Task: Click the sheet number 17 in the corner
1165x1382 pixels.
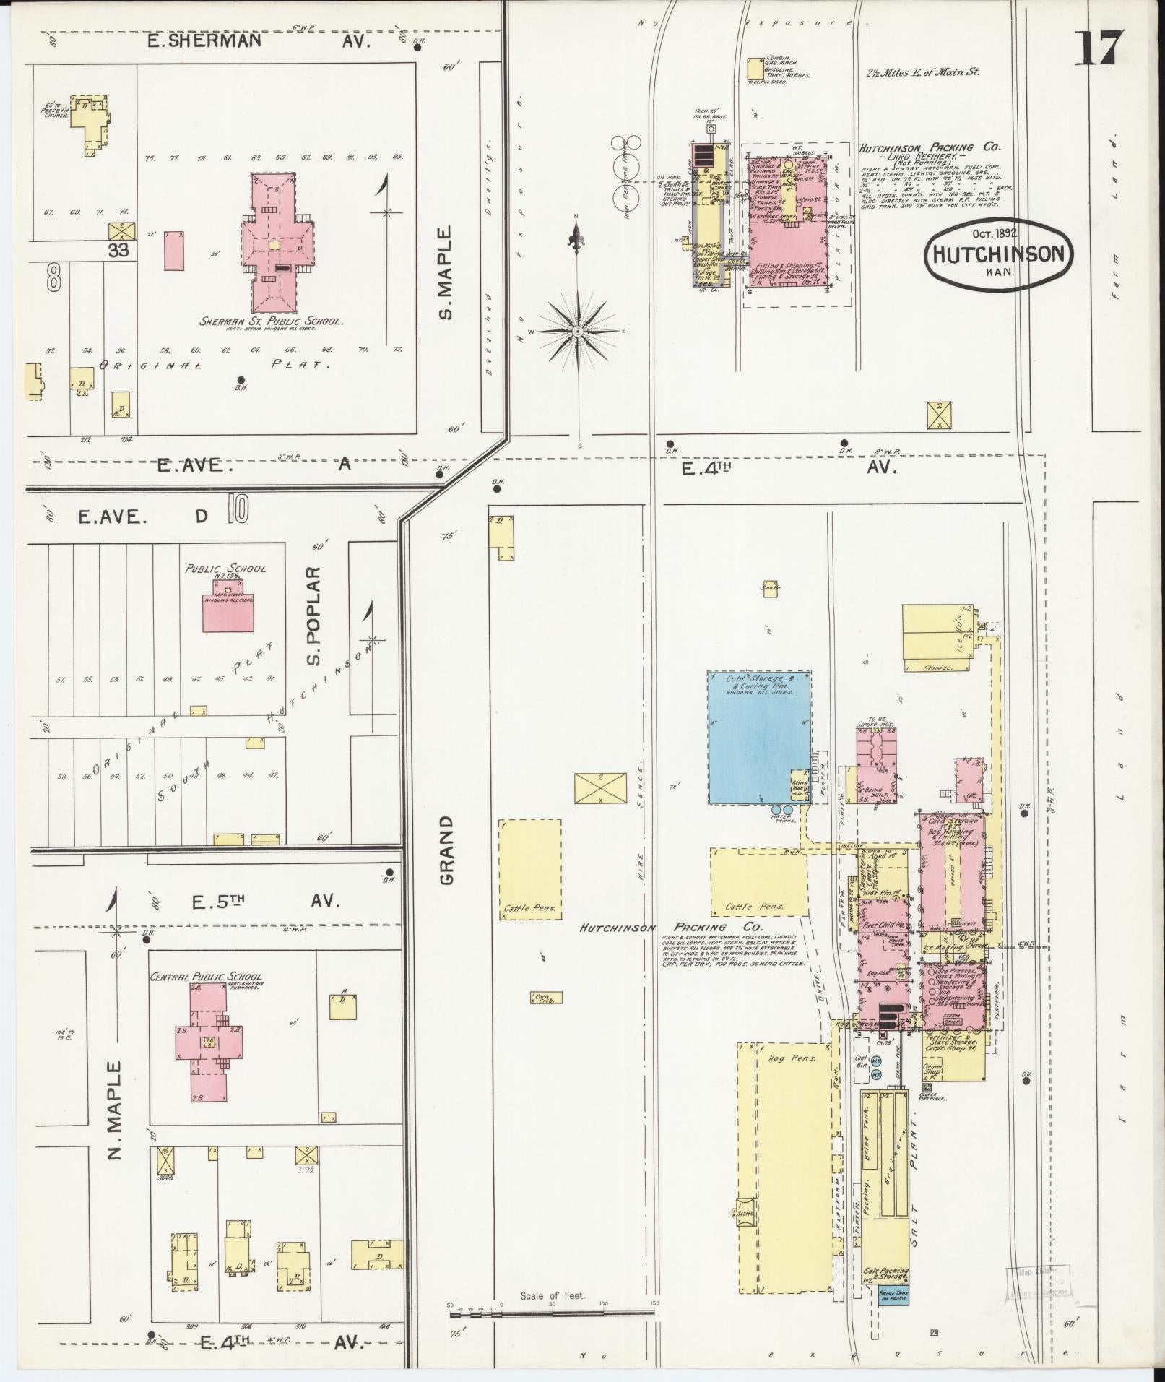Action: tap(1100, 48)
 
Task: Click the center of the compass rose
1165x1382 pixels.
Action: tap(578, 331)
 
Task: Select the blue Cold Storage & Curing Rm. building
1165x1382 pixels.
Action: tap(758, 737)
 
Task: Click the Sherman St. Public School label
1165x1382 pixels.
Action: tap(271, 321)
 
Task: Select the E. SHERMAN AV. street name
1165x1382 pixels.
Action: tap(258, 41)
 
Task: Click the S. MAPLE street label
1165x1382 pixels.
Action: tap(446, 272)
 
